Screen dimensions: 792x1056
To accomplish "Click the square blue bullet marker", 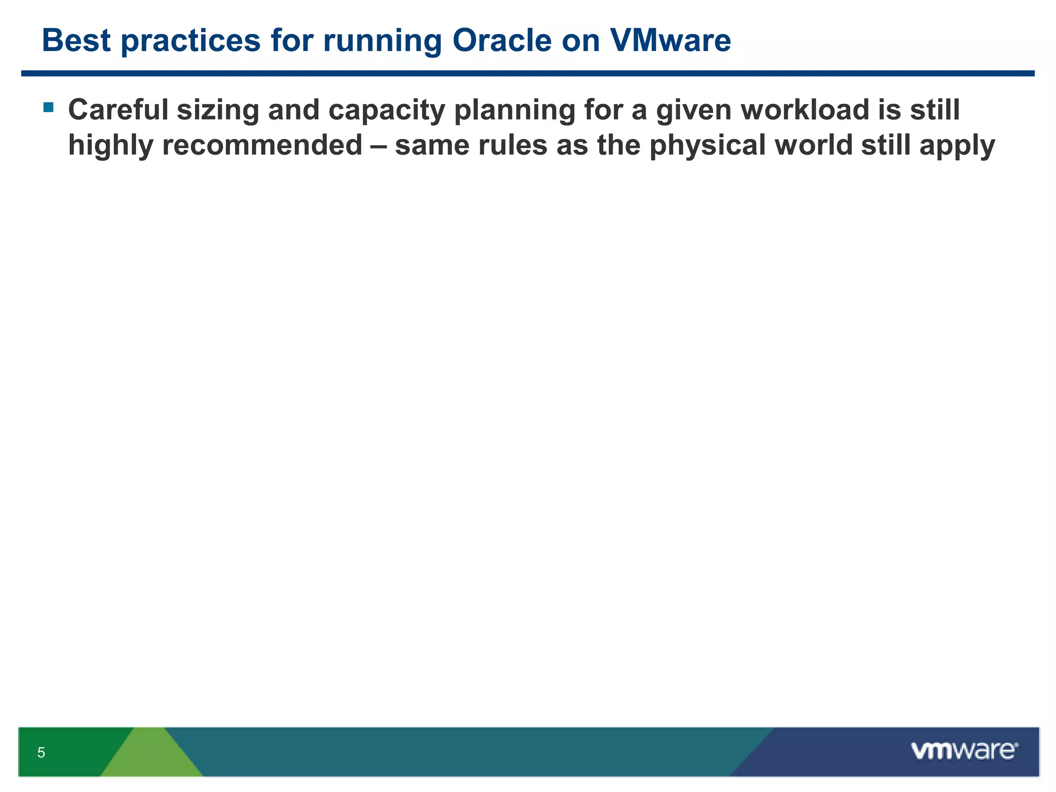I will (48, 107).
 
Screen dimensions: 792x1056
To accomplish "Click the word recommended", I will (262, 145).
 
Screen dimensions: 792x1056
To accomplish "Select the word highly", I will (110, 145).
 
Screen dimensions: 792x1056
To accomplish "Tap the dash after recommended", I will (378, 146).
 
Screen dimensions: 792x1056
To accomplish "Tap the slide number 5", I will (41, 753).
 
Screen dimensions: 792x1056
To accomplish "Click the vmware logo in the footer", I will (964, 751).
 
